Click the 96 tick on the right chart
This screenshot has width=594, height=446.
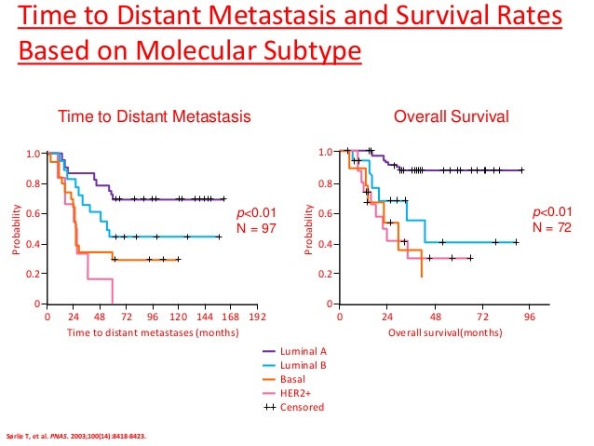[530, 318]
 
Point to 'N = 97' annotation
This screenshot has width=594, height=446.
[256, 228]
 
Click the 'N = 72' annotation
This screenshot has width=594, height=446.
[551, 226]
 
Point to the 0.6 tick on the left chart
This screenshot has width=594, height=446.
[34, 213]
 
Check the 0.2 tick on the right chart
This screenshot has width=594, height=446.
[325, 274]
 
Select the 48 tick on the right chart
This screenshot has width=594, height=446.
[435, 318]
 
